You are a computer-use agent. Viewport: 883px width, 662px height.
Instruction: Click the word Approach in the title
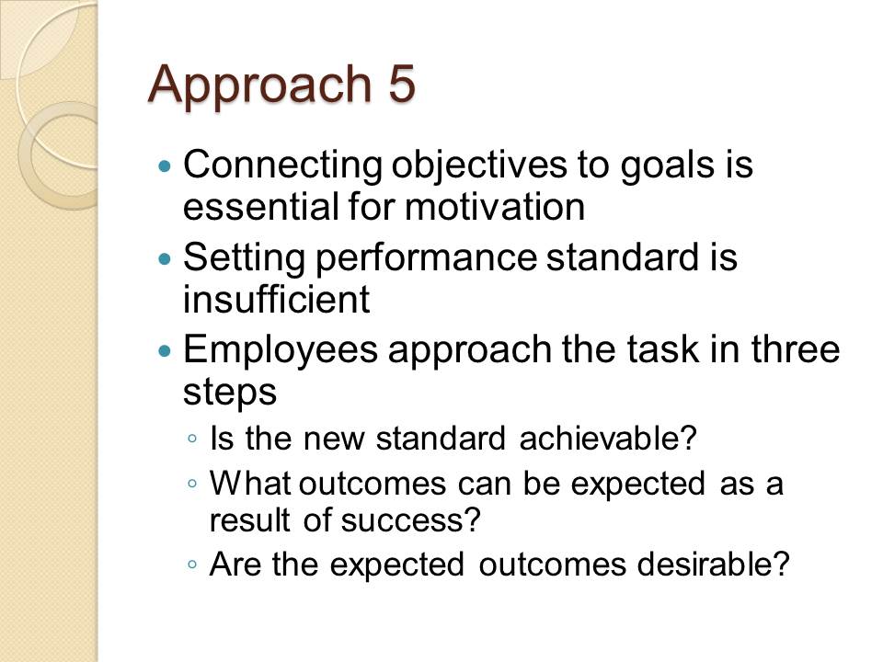259,86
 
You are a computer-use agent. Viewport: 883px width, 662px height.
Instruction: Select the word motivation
495,206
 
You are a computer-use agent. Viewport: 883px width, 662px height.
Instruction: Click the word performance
426,259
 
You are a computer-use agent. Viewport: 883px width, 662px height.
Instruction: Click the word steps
230,393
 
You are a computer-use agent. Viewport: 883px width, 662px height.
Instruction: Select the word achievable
608,438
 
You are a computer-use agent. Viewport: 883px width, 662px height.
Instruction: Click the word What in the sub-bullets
250,483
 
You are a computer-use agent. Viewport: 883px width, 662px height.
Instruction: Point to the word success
410,520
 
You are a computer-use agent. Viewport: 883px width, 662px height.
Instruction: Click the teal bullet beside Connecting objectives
165,166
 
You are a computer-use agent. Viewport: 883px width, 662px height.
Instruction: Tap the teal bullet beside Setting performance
165,259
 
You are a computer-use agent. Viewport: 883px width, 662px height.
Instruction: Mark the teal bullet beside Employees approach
165,352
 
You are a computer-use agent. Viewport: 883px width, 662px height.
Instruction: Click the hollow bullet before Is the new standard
193,439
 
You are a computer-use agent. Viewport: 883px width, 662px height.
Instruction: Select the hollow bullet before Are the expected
193,565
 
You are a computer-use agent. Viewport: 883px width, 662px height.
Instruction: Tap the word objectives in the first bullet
479,167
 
